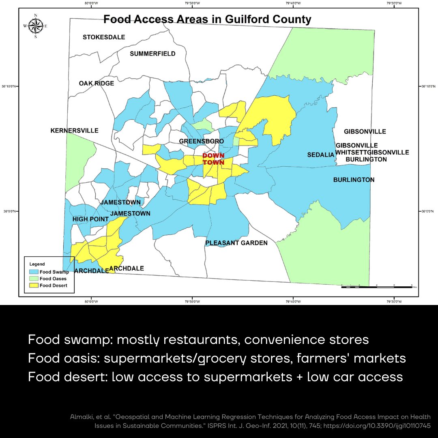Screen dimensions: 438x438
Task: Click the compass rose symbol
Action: coord(35,26)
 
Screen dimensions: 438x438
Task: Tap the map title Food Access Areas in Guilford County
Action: coord(207,19)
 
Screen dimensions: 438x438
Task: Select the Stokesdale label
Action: coord(104,37)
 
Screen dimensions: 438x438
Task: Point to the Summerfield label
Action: coord(152,54)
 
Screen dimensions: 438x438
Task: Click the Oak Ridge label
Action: coord(97,83)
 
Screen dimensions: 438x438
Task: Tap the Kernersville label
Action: coord(75,131)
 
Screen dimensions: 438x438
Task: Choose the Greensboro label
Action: coord(202,141)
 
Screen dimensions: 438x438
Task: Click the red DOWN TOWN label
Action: coord(214,159)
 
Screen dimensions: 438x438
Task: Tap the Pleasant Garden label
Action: coord(236,243)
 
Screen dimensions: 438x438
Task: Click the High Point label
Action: coord(90,219)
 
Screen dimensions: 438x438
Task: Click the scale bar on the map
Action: coord(376,287)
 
